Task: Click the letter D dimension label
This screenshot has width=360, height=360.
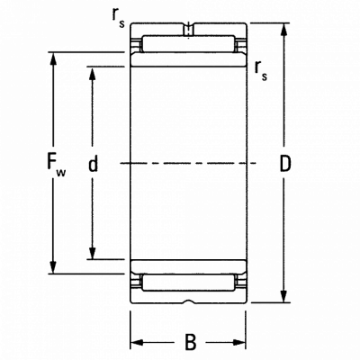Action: click(285, 164)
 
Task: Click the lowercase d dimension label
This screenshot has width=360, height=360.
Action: click(93, 164)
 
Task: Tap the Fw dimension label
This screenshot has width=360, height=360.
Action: click(57, 165)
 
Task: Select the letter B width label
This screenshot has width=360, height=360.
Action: click(190, 342)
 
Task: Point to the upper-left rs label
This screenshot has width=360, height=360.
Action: click(118, 20)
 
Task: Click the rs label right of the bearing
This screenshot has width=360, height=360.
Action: click(260, 71)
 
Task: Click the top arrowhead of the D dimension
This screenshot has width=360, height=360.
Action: click(284, 30)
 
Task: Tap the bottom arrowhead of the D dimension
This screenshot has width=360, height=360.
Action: click(284, 296)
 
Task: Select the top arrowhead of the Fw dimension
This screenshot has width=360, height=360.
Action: click(53, 58)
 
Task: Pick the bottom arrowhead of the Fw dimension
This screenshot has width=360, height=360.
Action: click(53, 267)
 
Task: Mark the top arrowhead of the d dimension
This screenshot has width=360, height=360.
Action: click(93, 73)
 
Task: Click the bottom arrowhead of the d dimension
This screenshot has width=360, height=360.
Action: click(93, 253)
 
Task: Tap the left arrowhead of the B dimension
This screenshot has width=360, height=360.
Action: click(137, 342)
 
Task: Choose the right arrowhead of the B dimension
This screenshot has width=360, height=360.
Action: click(239, 342)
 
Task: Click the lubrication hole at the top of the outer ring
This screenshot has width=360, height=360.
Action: click(188, 30)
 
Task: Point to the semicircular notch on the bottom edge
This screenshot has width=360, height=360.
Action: click(188, 301)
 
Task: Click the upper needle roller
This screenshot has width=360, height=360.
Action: click(188, 44)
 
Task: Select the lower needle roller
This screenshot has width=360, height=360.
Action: click(188, 283)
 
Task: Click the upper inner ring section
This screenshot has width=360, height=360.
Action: click(188, 59)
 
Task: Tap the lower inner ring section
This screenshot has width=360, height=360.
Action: click(188, 266)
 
